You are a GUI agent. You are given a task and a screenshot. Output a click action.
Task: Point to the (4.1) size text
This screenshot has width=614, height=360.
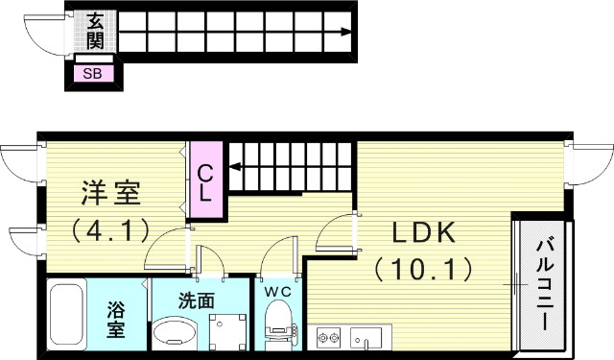pos(109,230)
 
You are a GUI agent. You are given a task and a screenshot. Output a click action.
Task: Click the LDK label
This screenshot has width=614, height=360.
pos(423,233)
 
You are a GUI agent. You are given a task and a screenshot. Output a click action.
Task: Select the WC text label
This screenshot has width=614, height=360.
pos(277,289)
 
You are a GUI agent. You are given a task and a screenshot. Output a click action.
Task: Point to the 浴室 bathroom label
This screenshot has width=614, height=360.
pos(116,321)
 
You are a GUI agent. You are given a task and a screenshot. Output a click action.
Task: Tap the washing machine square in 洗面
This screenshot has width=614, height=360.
pos(228,328)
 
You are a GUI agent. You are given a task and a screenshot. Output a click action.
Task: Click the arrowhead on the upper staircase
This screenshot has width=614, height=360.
pos(342,31)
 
